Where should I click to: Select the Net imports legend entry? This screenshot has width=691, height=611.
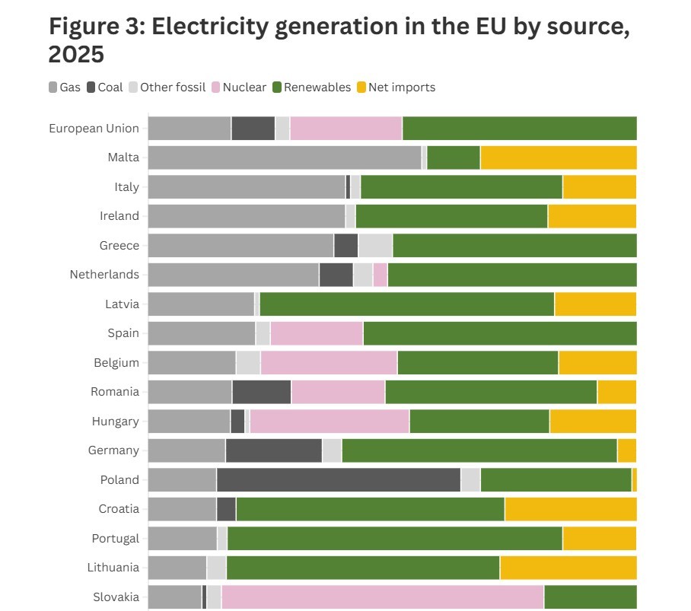[396, 88]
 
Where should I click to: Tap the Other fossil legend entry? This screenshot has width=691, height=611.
[167, 88]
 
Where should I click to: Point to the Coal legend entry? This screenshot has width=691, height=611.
[104, 88]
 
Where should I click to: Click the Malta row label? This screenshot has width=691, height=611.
[123, 158]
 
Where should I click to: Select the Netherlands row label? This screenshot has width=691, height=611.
[104, 274]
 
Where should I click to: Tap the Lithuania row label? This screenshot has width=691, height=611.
[113, 567]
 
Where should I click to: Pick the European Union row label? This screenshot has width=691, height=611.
[94, 128]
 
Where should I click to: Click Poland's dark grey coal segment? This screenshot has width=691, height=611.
[339, 480]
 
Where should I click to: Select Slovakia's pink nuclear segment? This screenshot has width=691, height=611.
[382, 597]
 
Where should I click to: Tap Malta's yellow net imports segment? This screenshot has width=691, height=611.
[558, 158]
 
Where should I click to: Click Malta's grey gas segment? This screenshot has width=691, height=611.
[284, 158]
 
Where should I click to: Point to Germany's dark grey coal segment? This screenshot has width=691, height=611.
[274, 450]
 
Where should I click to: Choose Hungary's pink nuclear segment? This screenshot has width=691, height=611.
[330, 422]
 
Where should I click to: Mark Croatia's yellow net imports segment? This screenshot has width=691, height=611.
[570, 509]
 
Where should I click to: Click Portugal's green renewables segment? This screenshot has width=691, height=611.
[394, 538]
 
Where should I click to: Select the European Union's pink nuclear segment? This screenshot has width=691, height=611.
[345, 129]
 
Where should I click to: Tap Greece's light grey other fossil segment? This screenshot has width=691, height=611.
[375, 246]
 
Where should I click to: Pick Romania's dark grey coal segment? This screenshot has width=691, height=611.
[262, 392]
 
